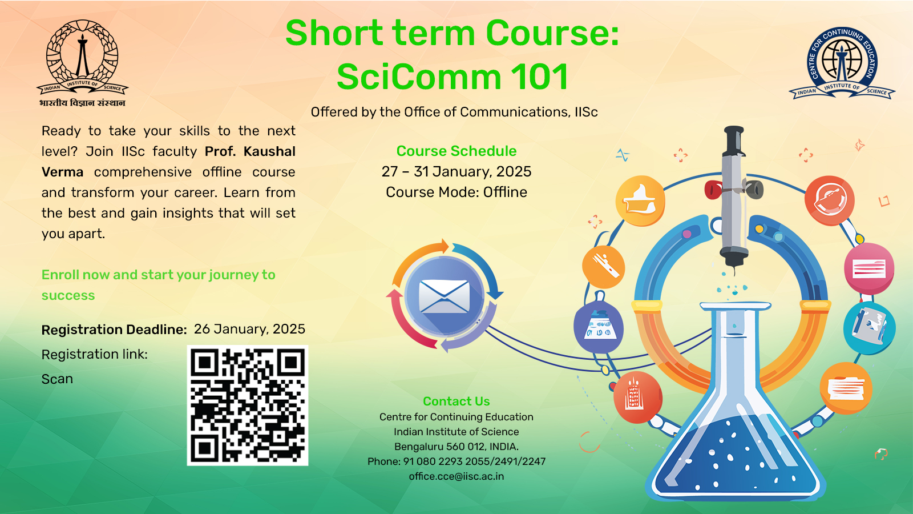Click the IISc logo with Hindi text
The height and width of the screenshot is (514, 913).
coord(83,63)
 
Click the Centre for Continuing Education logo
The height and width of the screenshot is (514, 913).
coord(842,63)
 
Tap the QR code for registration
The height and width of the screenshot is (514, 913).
coord(248,405)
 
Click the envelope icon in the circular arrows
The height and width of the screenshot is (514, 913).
coord(444,296)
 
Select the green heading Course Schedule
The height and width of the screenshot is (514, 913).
coord(457,151)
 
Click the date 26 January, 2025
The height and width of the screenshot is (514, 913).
coord(249,329)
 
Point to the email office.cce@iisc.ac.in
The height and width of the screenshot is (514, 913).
coord(457,476)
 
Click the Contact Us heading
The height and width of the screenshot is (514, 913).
coord(457,401)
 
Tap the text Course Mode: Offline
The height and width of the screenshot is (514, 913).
coord(457,192)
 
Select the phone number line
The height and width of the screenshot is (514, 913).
coord(457,461)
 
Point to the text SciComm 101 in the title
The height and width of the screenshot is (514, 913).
coord(453,77)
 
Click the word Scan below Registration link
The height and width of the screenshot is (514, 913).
coord(58,379)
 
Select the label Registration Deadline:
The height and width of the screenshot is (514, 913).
coord(115,330)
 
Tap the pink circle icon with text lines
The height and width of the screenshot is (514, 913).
coord(868,268)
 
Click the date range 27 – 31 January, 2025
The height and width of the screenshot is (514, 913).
coord(457,172)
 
